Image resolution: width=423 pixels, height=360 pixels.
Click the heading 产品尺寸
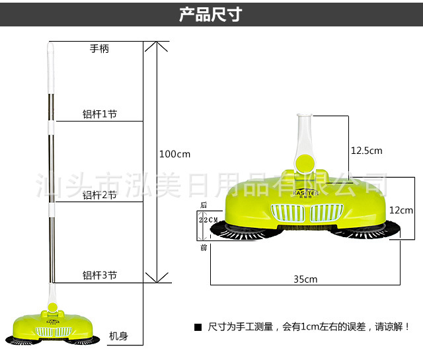coord(211,15)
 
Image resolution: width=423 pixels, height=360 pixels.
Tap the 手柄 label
coord(99,48)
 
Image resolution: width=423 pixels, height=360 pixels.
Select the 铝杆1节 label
coord(99,114)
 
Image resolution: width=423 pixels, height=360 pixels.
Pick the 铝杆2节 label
coord(99,195)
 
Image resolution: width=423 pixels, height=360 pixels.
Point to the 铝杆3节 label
coord(99,275)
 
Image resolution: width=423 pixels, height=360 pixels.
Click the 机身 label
coord(118,336)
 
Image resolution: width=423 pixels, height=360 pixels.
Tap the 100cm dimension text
coord(174,154)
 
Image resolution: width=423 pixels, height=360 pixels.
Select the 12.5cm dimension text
coord(366,151)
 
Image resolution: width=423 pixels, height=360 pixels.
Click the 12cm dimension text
coord(401,211)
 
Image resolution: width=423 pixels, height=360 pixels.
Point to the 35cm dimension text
coord(305,279)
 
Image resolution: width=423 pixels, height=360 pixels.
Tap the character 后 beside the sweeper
coord(204,205)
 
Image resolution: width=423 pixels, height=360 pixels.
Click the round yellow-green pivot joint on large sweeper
coord(305,162)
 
